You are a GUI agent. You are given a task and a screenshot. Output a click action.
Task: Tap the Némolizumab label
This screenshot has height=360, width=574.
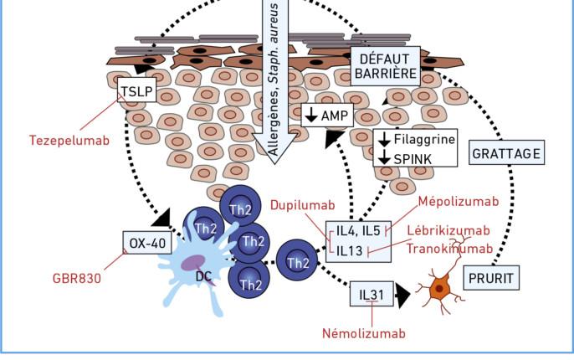point(363,332)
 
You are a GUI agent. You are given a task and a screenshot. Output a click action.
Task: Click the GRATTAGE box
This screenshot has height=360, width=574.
point(507,154)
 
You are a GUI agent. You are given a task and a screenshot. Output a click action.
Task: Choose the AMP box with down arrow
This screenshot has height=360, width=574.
point(330,115)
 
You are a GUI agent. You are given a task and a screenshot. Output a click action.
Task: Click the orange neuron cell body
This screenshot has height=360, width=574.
point(438,289)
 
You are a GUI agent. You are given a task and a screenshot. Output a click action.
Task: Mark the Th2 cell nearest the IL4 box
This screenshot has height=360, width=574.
point(297,261)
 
